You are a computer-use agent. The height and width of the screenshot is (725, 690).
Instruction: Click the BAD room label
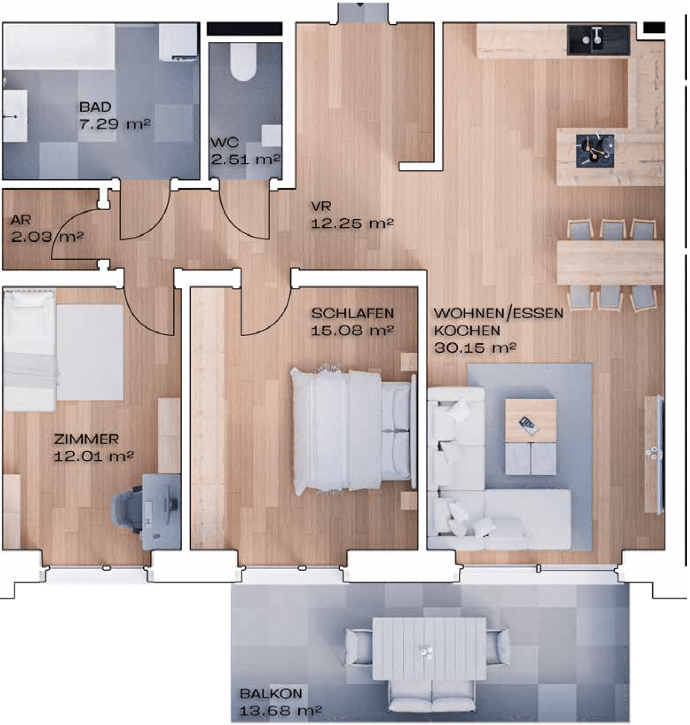coord(95,107)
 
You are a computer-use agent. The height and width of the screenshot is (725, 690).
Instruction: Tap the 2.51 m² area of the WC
coord(245,159)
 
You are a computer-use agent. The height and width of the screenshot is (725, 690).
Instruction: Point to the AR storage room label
coord(21,221)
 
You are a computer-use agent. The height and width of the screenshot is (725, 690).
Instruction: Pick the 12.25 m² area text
coord(352,224)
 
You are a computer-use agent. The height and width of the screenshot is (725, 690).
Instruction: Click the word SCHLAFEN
coord(353,314)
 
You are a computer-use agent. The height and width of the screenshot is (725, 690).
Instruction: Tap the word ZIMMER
coord(87,440)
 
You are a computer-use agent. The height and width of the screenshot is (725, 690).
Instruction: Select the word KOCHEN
coord(467,330)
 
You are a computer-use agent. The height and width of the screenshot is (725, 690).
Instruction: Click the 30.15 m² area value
coord(475,348)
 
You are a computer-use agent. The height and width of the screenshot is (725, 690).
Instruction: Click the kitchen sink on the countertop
coord(598,40)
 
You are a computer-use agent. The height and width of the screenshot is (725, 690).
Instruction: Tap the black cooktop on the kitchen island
coord(595,151)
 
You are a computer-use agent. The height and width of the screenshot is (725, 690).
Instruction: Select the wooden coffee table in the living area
coord(530,421)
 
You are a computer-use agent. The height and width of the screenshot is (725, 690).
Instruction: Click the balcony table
coord(429,649)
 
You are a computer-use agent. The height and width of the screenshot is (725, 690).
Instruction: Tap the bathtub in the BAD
coord(59,47)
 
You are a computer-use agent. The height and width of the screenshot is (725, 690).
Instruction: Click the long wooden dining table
coord(610,262)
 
